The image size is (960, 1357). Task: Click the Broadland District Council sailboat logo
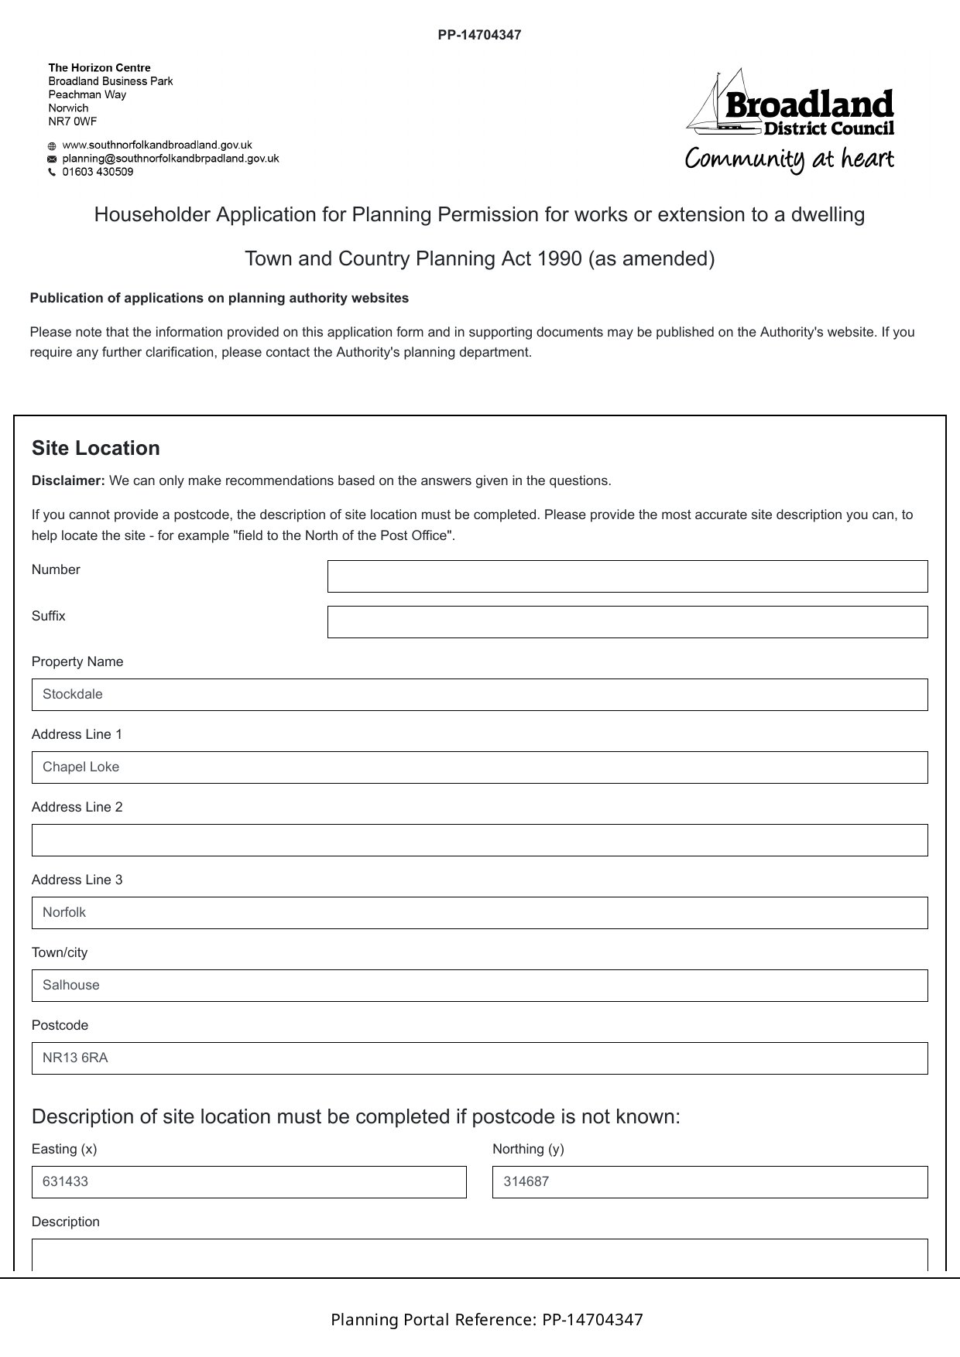click(x=790, y=103)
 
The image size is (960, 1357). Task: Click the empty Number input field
click(x=627, y=576)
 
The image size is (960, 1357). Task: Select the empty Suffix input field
click(x=627, y=622)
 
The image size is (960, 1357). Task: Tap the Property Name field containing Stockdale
click(x=479, y=695)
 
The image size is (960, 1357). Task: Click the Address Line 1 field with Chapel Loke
click(x=479, y=767)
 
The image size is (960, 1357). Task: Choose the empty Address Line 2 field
click(x=479, y=840)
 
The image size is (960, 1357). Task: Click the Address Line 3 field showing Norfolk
click(x=479, y=913)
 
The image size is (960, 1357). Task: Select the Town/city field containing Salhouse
click(x=479, y=986)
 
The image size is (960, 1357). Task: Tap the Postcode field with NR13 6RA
click(x=479, y=1058)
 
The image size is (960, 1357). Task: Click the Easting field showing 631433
click(x=249, y=1182)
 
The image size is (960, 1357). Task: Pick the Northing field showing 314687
click(x=709, y=1182)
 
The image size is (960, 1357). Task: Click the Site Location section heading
click(x=96, y=449)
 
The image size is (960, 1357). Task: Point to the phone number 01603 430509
click(x=98, y=172)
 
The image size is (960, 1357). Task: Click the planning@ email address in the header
click(x=170, y=159)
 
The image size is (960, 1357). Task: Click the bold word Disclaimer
click(x=68, y=481)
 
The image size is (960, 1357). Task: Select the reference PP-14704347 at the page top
click(x=479, y=35)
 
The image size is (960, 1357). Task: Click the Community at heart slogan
click(x=789, y=159)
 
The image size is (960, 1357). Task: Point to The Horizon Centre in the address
click(x=99, y=68)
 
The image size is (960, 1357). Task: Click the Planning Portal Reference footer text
click(x=487, y=1320)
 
